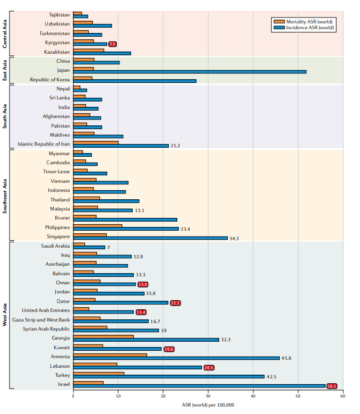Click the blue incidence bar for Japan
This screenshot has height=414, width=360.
190,72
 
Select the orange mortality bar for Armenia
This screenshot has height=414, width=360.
110,355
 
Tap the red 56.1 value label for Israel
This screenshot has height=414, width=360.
332,386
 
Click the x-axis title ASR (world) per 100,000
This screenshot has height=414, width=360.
208,405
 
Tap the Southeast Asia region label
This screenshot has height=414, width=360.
5,196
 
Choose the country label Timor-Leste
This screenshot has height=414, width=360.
56,172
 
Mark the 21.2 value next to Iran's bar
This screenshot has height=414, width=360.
176,146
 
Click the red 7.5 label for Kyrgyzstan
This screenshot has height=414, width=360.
113,44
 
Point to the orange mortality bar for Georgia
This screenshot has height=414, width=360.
103,336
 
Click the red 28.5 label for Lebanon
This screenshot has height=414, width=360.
209,368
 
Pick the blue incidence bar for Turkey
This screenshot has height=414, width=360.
169,376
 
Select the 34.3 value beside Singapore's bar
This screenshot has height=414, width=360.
234,239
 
